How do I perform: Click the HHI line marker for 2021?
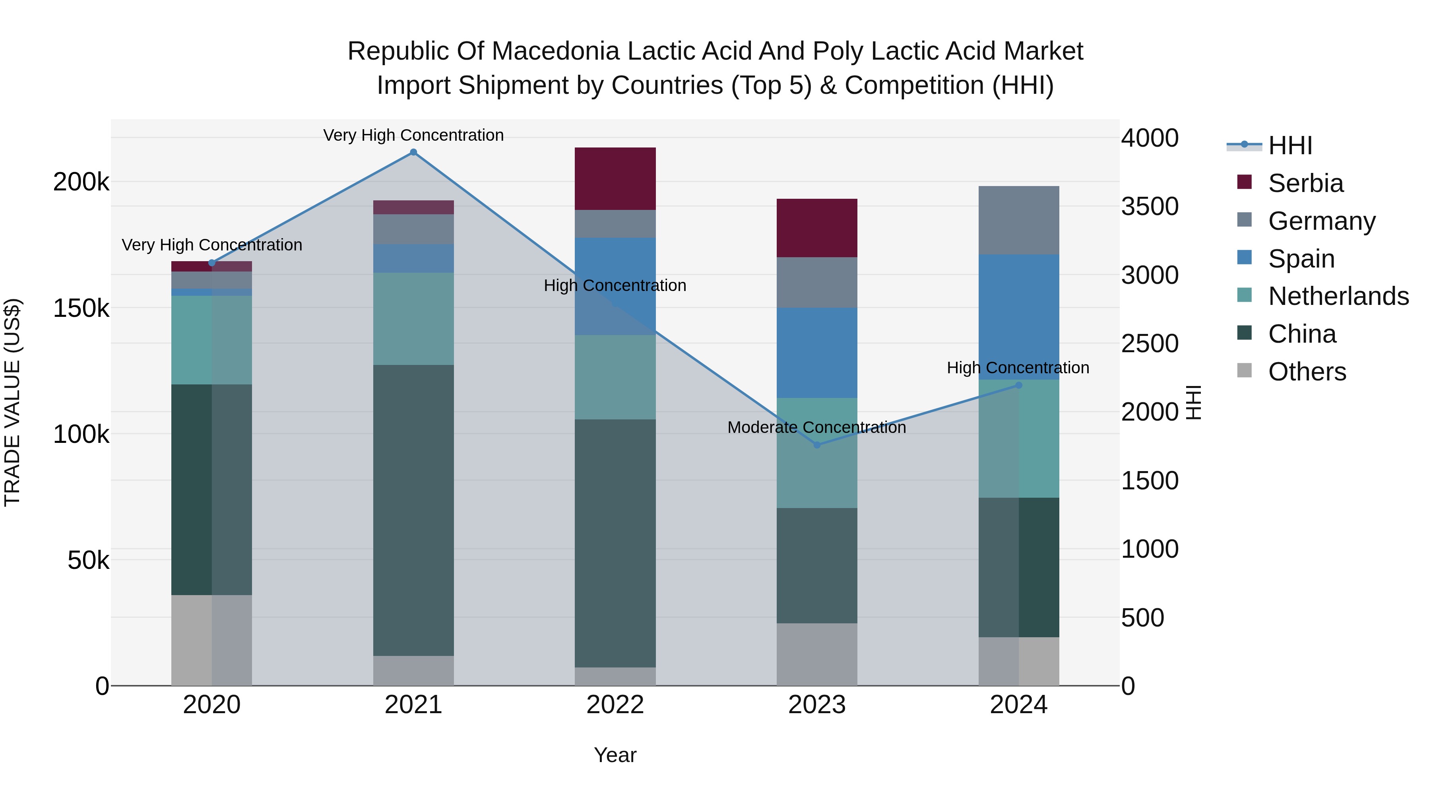point(413,152)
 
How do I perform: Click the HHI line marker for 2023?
point(816,445)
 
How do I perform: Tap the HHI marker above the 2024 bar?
point(1018,385)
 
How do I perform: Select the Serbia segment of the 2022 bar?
point(615,178)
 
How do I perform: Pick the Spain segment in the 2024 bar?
point(1018,317)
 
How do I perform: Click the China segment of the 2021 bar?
point(413,510)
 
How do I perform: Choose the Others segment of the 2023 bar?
point(816,654)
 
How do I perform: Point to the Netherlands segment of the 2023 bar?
point(816,453)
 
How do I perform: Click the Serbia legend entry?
point(1305,183)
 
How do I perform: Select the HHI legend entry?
point(1290,145)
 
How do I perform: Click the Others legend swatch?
point(1244,370)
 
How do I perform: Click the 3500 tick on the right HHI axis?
point(1149,206)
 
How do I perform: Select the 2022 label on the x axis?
point(615,705)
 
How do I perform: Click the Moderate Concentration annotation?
point(816,427)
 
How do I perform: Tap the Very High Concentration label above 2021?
point(413,135)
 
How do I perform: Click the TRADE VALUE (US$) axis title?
point(12,402)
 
